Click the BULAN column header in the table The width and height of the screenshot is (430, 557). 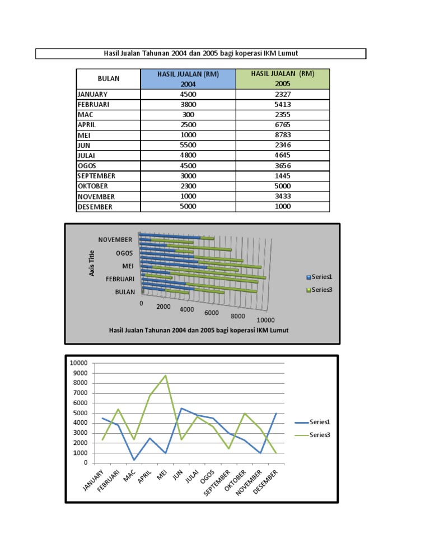coord(109,79)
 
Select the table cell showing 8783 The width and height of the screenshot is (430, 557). coord(282,135)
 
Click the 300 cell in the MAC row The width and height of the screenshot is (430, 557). coord(188,115)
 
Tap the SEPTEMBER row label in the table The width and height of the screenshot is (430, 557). coord(96,176)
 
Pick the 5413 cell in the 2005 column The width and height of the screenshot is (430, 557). coord(282,104)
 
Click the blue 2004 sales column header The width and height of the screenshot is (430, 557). coord(188,79)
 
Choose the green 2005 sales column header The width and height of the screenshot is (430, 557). coord(282,79)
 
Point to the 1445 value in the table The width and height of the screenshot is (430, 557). coord(282,176)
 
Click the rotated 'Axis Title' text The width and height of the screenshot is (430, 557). coord(92,262)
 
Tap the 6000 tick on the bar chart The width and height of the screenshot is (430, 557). coord(212,313)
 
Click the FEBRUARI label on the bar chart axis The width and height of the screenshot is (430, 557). coord(120,278)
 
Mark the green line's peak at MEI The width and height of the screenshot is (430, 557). coord(166,375)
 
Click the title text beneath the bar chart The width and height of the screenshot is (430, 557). coord(199,330)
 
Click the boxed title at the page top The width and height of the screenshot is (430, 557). coord(200,54)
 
